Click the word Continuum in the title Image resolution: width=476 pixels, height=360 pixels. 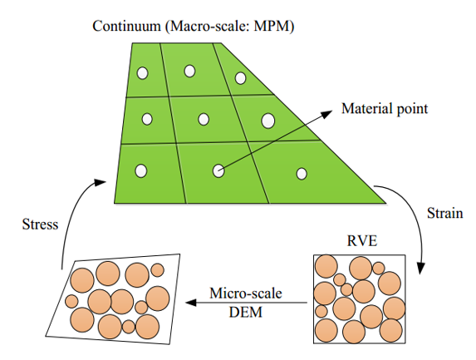tap(126, 26)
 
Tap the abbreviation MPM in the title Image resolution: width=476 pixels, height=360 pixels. tap(270, 26)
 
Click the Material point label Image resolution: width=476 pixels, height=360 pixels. tap(385, 109)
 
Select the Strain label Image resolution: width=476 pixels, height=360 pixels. tap(445, 213)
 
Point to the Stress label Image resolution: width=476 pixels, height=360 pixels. tap(40, 224)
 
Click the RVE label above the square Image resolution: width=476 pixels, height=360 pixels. tap(362, 241)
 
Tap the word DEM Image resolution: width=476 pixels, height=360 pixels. tap(245, 312)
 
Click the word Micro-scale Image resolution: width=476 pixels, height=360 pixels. tap(246, 293)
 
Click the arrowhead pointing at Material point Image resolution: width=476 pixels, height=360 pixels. tap(327, 114)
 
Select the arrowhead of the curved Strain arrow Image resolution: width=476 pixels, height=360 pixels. tap(420, 268)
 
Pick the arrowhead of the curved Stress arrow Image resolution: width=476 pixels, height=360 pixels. tap(99, 182)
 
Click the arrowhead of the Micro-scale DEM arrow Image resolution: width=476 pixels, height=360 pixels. tap(191, 303)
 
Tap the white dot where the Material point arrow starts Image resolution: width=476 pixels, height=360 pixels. tap(218, 170)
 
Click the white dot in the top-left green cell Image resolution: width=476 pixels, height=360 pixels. tap(142, 73)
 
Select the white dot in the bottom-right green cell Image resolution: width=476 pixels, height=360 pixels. tap(302, 174)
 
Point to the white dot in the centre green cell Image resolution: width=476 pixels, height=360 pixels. tap(204, 119)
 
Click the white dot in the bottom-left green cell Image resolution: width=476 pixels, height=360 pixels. tap(141, 171)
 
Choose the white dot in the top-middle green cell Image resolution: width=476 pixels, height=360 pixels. tap(189, 72)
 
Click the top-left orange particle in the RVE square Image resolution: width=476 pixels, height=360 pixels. tap(326, 266)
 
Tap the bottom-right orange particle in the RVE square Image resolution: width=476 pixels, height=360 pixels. tap(390, 331)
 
